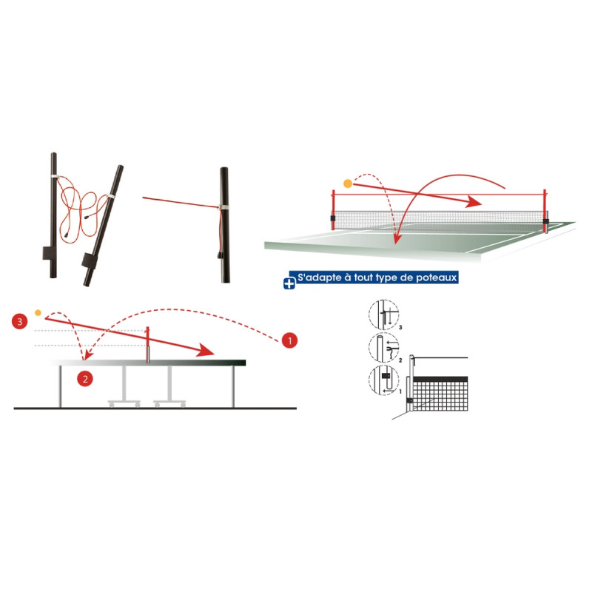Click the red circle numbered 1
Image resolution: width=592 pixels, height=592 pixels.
[290, 340]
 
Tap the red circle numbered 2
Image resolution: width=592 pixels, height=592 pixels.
[87, 378]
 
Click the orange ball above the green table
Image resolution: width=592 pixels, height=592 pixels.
[347, 184]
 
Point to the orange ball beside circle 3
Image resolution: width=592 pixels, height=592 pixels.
[38, 303]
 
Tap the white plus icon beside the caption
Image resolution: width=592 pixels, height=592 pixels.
[289, 282]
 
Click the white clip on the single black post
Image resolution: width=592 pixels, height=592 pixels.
[222, 207]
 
